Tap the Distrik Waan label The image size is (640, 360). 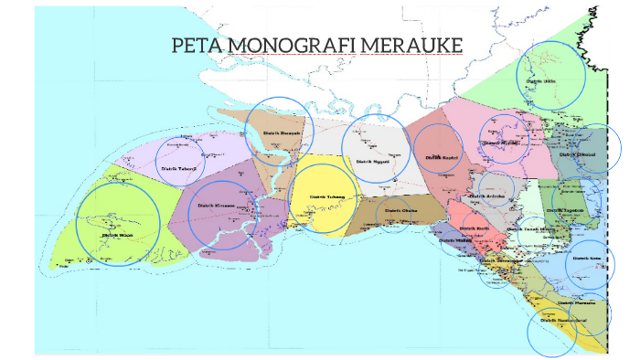(x=118, y=234)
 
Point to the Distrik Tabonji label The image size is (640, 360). (x=179, y=168)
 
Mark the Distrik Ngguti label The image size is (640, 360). (x=373, y=161)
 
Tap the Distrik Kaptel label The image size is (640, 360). (x=440, y=157)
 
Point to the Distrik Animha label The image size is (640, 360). (x=487, y=196)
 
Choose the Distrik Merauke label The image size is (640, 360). (x=577, y=302)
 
